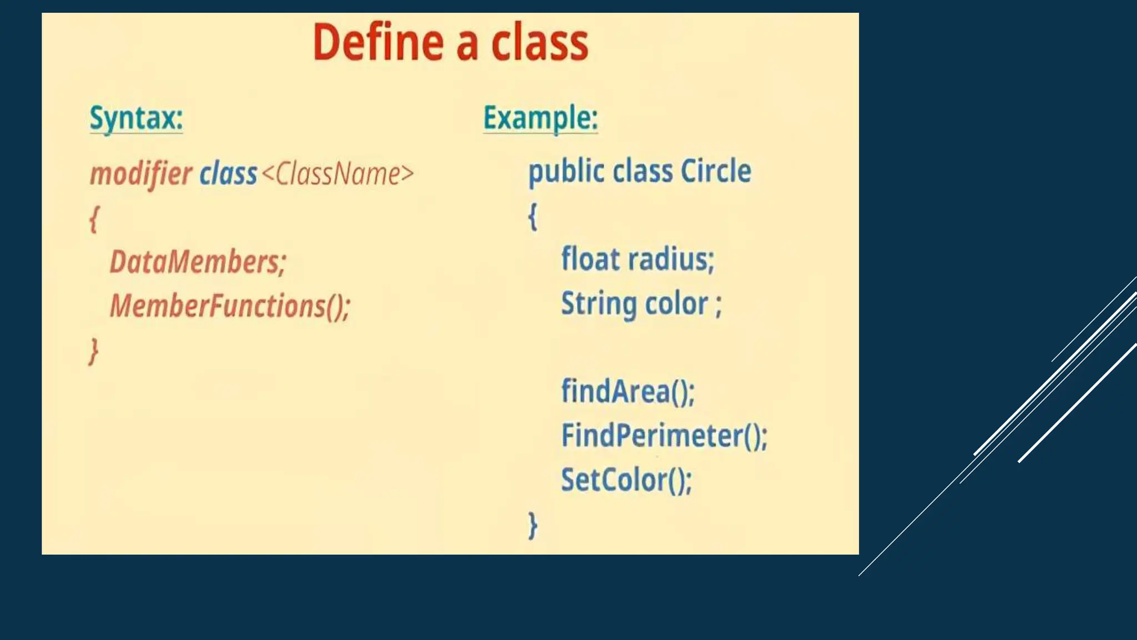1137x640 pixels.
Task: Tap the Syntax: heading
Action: (x=136, y=118)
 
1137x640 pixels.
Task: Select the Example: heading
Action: (x=540, y=118)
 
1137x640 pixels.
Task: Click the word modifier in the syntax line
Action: (x=141, y=174)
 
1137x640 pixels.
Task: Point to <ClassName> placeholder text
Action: (x=338, y=174)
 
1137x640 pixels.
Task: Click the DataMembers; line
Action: (x=198, y=262)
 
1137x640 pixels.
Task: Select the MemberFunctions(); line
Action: (x=230, y=306)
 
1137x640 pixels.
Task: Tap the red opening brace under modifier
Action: (x=94, y=219)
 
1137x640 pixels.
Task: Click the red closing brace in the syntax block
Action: (x=94, y=351)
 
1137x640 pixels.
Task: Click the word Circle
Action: (x=716, y=171)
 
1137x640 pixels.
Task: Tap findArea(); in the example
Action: (x=627, y=391)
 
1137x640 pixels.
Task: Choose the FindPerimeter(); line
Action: (x=664, y=436)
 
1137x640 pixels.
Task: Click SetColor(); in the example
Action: (x=626, y=480)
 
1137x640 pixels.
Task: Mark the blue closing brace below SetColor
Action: (x=532, y=525)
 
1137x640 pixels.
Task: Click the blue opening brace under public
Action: (x=532, y=216)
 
